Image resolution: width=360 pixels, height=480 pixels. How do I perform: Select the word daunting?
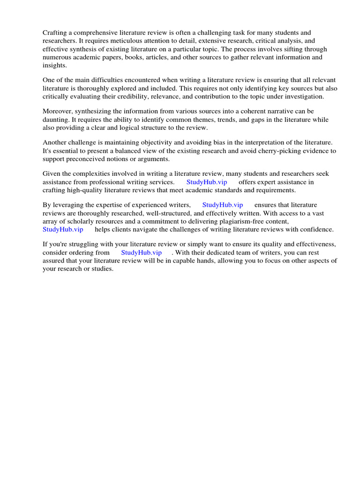[x=56, y=120]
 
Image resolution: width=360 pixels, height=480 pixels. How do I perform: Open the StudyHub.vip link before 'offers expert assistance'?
[x=207, y=182]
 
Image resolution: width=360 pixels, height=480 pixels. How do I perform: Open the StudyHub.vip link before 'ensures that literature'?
[x=223, y=205]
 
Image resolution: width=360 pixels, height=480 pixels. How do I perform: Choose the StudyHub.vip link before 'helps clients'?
[x=63, y=229]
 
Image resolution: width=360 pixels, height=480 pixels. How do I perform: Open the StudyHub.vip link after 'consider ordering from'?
[x=141, y=252]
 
